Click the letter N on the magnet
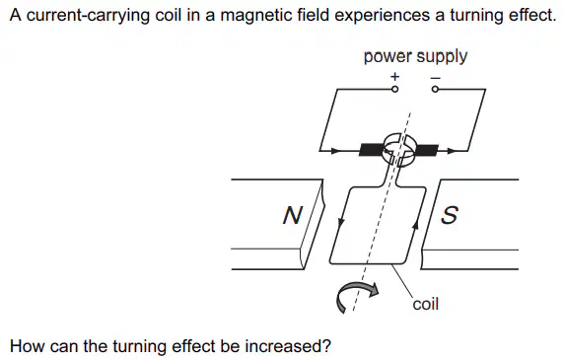(x=293, y=215)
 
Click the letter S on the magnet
(x=450, y=215)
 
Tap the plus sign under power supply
(x=394, y=77)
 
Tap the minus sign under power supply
(x=436, y=77)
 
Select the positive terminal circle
(x=394, y=89)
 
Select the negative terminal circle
(x=435, y=89)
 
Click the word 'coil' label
(x=426, y=304)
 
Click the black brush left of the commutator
(x=372, y=150)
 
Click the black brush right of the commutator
(x=426, y=150)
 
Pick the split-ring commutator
(x=399, y=150)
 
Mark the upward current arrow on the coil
(x=416, y=225)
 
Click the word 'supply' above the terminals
(x=442, y=57)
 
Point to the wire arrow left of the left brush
(x=335, y=151)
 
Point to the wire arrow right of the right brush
(x=452, y=151)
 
